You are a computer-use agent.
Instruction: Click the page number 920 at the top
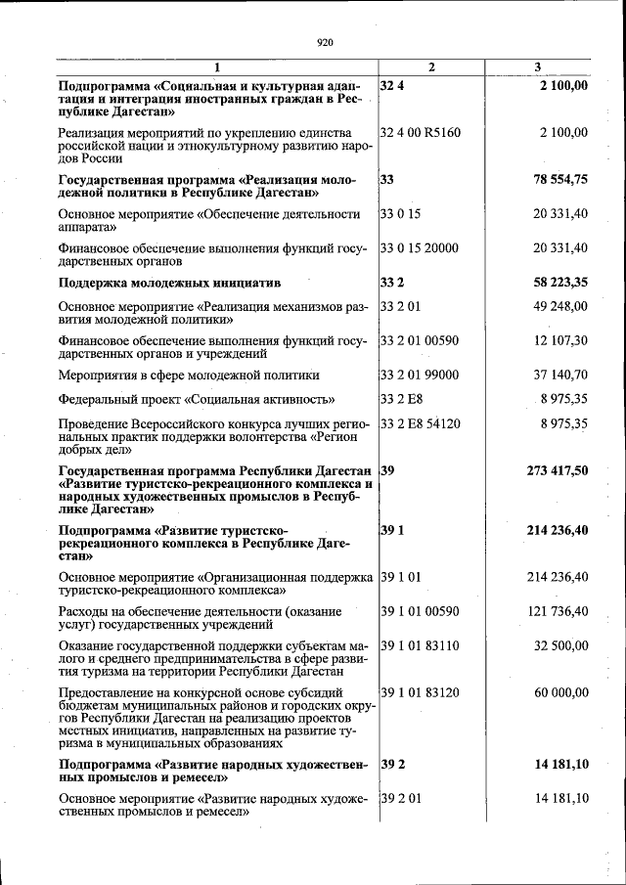tap(326, 42)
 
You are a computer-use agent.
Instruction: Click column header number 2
tap(431, 67)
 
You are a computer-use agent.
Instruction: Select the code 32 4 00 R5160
tap(420, 132)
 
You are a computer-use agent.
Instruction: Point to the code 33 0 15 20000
tap(419, 248)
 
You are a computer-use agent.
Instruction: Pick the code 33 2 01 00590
tap(419, 341)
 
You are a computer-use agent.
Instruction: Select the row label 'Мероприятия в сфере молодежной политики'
tap(189, 376)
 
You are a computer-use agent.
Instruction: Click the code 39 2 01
tap(400, 799)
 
